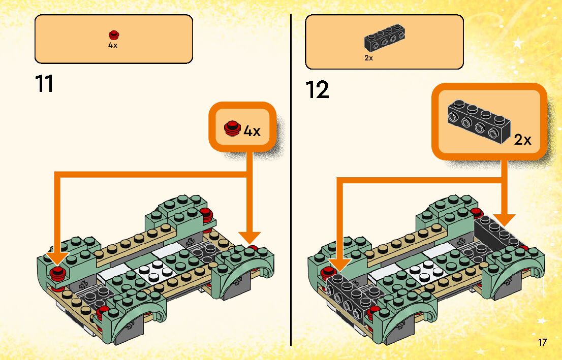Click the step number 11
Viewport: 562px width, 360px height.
pyautogui.click(x=44, y=84)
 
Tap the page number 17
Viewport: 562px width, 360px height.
pyautogui.click(x=542, y=342)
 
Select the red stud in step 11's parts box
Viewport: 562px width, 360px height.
pyautogui.click(x=114, y=35)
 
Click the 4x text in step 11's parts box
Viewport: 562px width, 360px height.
pyautogui.click(x=113, y=45)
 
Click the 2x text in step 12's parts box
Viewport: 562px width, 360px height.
pyautogui.click(x=369, y=58)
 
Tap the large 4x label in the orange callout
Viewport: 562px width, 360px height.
pyautogui.click(x=252, y=130)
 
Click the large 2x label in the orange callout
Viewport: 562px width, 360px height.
pyautogui.click(x=522, y=140)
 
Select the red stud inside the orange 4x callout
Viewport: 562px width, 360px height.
pyautogui.click(x=232, y=127)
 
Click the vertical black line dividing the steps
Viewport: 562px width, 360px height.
pyautogui.click(x=291, y=178)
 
